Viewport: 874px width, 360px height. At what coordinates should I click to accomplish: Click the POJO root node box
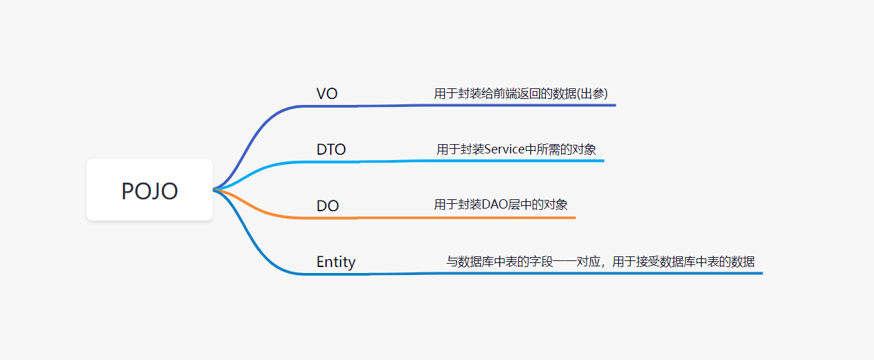click(x=149, y=190)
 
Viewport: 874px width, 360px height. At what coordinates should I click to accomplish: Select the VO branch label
click(x=327, y=94)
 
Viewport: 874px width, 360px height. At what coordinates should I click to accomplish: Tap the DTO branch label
click(x=331, y=149)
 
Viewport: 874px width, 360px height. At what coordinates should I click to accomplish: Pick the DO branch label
click(x=327, y=206)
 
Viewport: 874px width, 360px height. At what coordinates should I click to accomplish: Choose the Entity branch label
click(x=336, y=262)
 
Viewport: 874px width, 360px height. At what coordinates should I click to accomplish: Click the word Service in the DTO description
click(x=505, y=149)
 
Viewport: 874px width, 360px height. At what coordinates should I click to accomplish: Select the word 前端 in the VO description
click(x=501, y=94)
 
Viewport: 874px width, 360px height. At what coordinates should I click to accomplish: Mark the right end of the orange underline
click(x=574, y=217)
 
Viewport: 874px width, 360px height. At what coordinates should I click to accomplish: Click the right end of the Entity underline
click(x=761, y=273)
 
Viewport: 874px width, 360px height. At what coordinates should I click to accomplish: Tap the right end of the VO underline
click(x=614, y=105)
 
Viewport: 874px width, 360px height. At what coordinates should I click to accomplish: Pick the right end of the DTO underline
click(x=602, y=161)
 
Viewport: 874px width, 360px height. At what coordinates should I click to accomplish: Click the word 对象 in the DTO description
click(x=584, y=149)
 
